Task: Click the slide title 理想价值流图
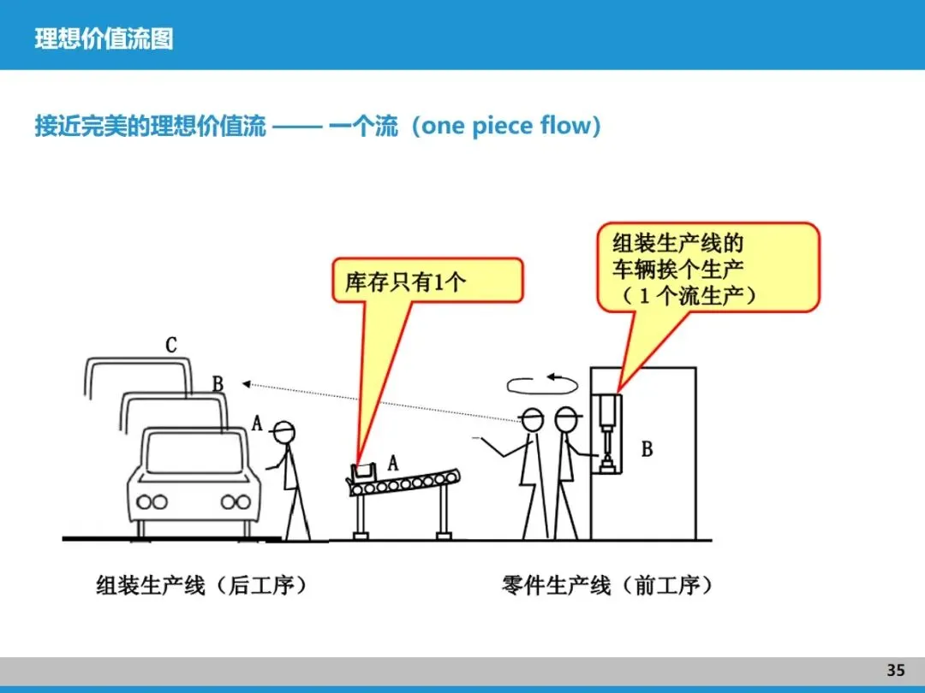point(104,38)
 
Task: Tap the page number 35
point(895,670)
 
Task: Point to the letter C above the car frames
point(171,346)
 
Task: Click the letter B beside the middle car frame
point(218,383)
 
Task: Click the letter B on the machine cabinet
point(647,448)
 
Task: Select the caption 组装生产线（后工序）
point(200,586)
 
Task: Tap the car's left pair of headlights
point(152,502)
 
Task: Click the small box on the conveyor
point(363,471)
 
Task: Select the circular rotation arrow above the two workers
point(536,383)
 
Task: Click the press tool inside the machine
point(607,436)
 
